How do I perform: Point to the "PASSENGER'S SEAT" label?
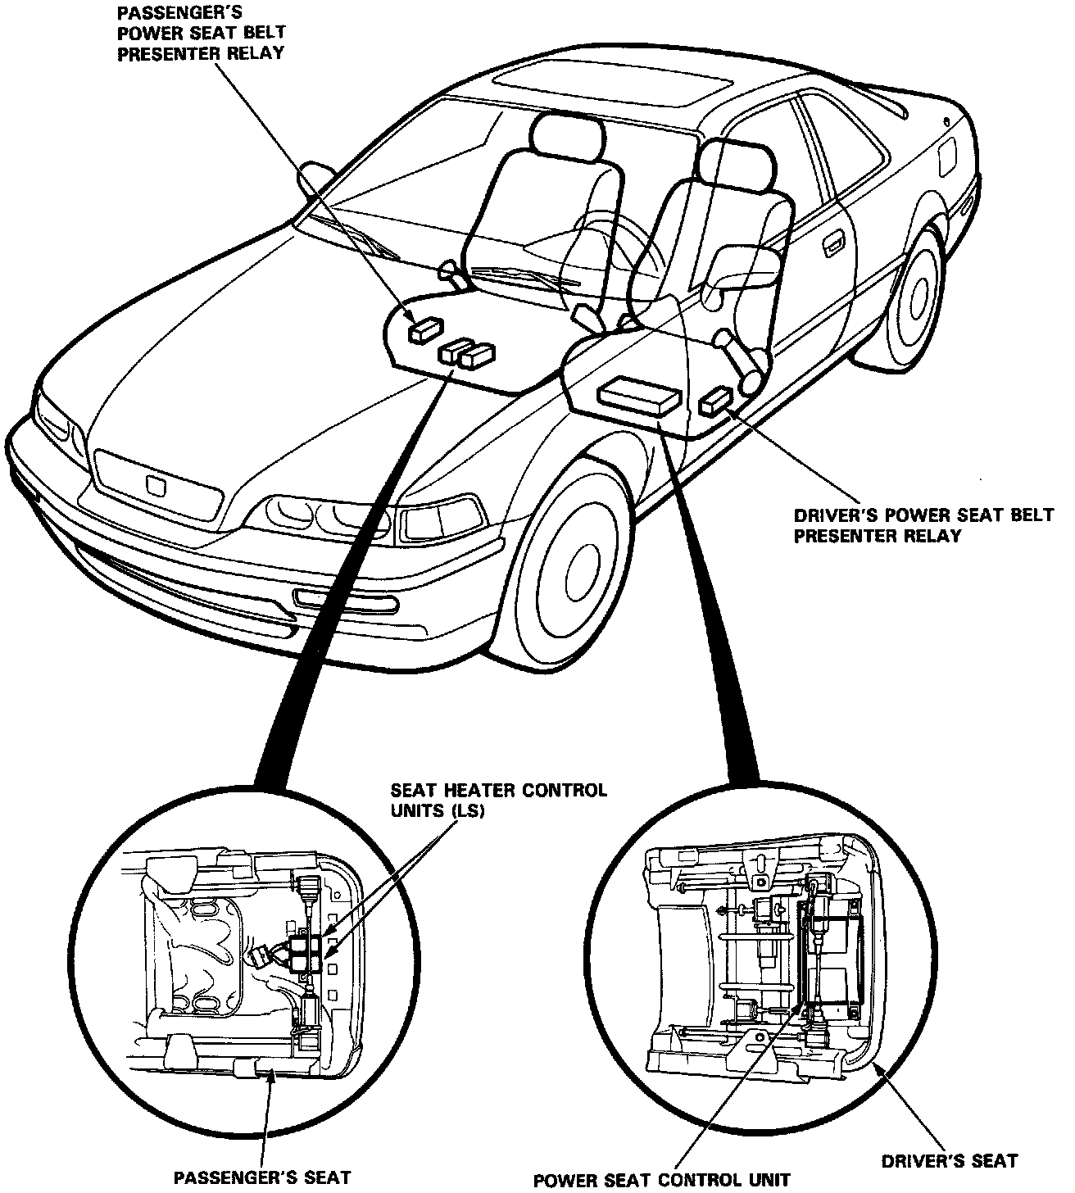(262, 1178)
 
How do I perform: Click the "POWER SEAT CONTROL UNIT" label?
(662, 1181)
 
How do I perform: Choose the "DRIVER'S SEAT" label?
(950, 1161)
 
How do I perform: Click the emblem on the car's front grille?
(155, 483)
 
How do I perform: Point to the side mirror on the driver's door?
(744, 266)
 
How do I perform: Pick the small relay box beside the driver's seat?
(717, 399)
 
